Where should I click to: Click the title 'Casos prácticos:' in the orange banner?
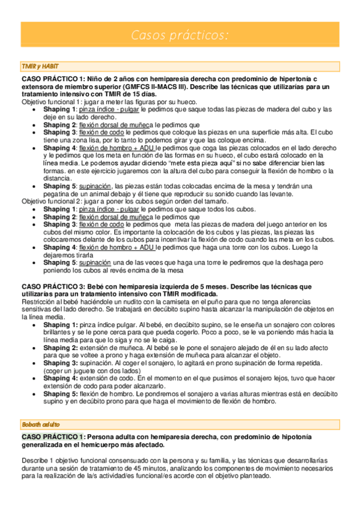coord(180,36)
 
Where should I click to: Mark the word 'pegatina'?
coord(61,194)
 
